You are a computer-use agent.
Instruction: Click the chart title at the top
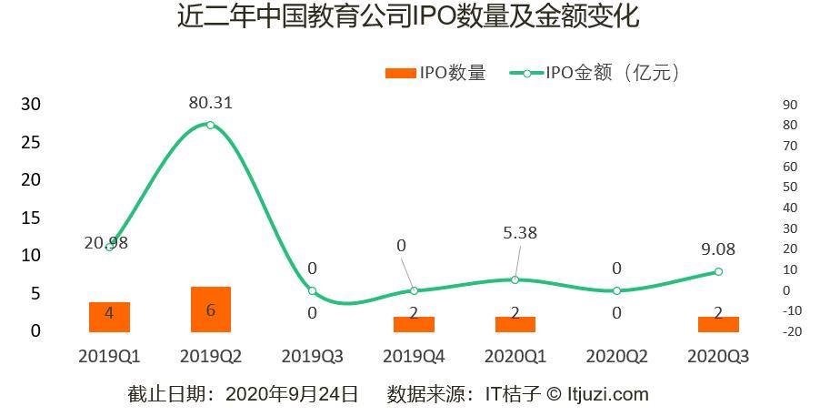coord(409,18)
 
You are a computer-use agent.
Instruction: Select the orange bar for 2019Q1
coord(109,316)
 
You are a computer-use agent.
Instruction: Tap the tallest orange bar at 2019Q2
coord(210,309)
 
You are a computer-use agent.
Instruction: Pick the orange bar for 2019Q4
coord(414,323)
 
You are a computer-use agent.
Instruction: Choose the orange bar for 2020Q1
coord(515,323)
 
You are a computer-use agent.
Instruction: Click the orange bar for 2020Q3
coord(718,323)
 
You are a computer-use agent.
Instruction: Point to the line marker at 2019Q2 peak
coord(210,125)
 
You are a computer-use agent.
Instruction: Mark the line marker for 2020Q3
coord(718,271)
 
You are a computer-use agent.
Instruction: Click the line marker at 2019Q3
coord(312,290)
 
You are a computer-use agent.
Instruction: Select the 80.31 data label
coord(210,103)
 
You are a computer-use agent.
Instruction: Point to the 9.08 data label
coord(718,249)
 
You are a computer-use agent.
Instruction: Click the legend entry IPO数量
coord(435,74)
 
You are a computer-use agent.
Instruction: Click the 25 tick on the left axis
coord(31,142)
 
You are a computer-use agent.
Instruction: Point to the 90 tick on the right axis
coord(789,105)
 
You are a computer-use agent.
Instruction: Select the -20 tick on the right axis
coord(787,331)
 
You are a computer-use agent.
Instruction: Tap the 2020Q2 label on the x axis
coord(616,356)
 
